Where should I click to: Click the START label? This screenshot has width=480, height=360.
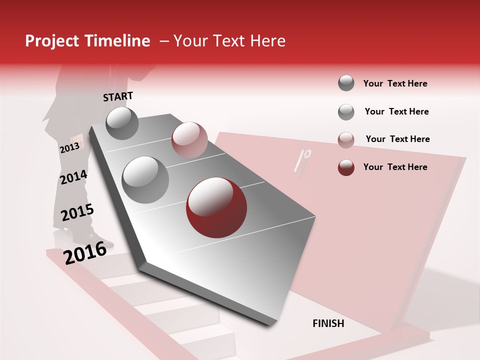118,96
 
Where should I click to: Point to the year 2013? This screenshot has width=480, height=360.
69,148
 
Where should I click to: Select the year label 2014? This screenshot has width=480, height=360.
73,177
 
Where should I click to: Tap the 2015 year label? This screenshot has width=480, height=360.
77,212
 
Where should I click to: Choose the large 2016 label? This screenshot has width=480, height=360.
85,252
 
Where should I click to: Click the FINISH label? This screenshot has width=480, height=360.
328,323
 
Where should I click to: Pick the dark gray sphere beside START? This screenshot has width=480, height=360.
122,123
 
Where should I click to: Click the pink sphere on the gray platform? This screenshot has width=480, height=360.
189,139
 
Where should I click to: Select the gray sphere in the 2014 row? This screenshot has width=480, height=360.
145,180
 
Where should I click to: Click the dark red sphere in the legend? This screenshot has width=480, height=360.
346,167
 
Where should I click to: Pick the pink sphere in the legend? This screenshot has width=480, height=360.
346,140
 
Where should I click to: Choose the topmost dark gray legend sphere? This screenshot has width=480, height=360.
346,83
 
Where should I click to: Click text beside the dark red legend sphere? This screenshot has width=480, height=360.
395,167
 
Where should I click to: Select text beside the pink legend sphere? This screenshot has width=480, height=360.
397,139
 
